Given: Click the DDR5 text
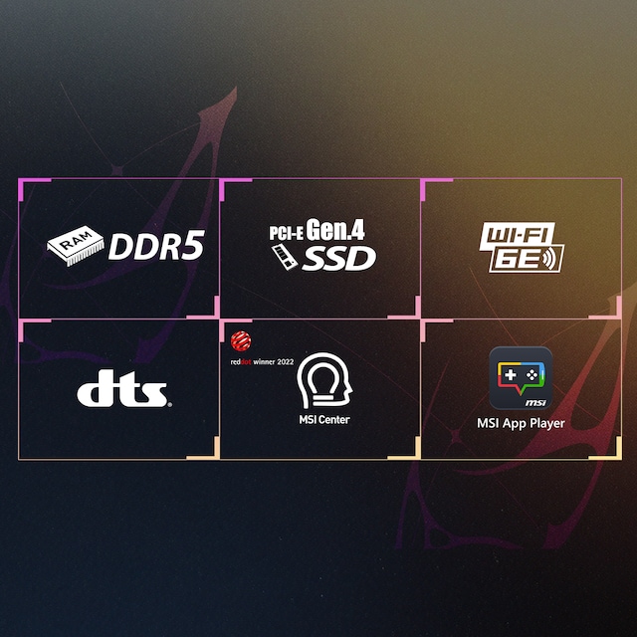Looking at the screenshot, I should (x=155, y=247).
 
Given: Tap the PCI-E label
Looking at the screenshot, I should (x=286, y=234).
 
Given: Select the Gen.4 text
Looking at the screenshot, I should (x=335, y=230).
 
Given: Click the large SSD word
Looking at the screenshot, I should (x=338, y=259).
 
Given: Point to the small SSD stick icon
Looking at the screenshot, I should (x=284, y=256).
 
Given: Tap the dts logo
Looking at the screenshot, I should (x=124, y=391).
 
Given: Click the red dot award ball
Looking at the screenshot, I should (x=239, y=340).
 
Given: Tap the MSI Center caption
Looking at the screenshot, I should (x=322, y=419).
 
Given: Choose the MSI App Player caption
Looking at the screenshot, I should (x=521, y=423).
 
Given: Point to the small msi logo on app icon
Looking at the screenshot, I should (x=535, y=401).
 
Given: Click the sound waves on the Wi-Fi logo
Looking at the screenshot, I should (x=553, y=260).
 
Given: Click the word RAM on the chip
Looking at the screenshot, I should (x=74, y=242).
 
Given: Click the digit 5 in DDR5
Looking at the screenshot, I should (x=192, y=247).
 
